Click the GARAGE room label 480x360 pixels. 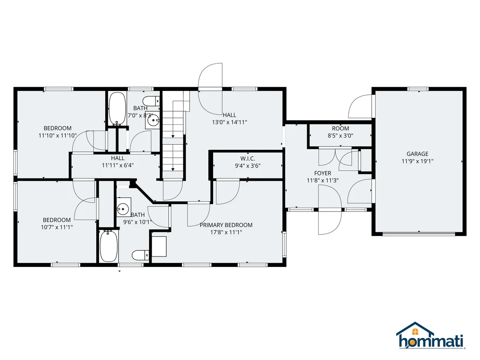pos(417,154)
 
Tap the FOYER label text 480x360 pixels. pos(323,173)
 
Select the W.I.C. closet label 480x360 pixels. pos(248,159)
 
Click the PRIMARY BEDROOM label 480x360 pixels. pos(226,225)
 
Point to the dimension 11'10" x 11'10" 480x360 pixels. pos(58,136)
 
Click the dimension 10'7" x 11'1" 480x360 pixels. pos(57,227)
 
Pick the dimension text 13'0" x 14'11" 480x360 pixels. pos(230,122)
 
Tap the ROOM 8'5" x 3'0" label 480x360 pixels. pos(341,132)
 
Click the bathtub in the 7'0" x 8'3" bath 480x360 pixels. pos(117,109)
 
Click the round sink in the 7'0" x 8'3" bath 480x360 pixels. pos(152,121)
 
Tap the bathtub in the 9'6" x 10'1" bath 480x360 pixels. pos(109,246)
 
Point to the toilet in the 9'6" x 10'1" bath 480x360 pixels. pos(140,255)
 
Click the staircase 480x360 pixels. pos(173,135)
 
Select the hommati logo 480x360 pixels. pos(431,336)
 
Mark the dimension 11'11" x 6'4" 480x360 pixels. pos(118,165)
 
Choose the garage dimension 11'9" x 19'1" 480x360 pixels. pos(417,161)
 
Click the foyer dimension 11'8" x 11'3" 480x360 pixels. pos(323,181)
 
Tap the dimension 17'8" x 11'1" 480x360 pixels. pos(226,232)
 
